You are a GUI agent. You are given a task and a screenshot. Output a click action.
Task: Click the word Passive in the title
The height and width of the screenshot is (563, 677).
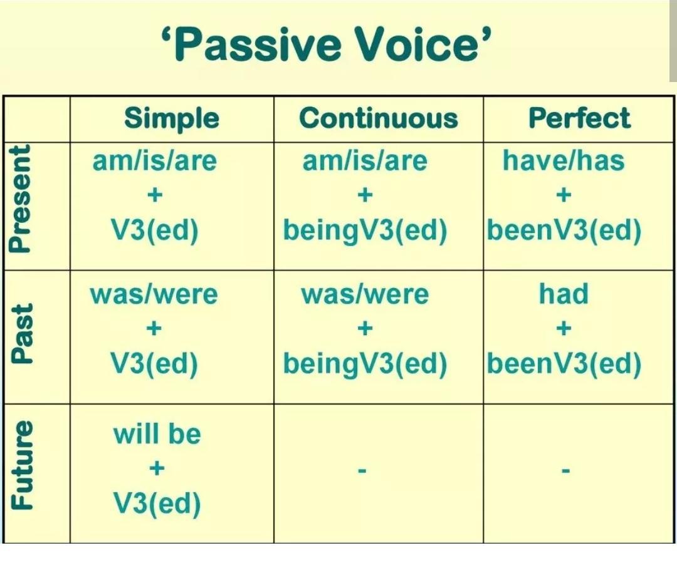tap(258, 44)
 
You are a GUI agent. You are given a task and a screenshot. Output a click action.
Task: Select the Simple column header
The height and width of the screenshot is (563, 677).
tap(171, 118)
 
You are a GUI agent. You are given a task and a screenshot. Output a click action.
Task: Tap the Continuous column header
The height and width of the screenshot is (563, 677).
tap(378, 118)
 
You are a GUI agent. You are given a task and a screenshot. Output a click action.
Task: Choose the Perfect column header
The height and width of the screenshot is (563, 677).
tap(579, 118)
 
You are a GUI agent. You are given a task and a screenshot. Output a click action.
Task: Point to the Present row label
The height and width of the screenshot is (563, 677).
tap(21, 198)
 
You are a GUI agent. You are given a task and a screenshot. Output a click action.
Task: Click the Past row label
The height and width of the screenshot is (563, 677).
tap(22, 334)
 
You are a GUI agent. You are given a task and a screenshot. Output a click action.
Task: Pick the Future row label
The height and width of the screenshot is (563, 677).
tap(21, 464)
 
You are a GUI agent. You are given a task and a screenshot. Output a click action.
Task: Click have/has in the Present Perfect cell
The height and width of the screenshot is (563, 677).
tap(564, 160)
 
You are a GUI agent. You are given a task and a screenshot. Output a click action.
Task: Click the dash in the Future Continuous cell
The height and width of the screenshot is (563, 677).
tap(362, 470)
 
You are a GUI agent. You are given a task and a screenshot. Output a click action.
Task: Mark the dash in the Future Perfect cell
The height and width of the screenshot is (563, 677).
tap(565, 470)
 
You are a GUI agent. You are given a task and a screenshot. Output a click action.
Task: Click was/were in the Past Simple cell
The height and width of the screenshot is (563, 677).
tap(154, 294)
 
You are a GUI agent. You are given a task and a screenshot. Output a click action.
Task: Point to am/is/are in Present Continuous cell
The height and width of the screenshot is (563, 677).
tap(365, 161)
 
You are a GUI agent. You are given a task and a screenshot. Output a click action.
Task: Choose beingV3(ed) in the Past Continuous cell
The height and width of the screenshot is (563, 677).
tap(365, 363)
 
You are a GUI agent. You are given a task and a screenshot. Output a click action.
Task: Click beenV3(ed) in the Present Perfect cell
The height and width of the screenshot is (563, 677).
tap(564, 230)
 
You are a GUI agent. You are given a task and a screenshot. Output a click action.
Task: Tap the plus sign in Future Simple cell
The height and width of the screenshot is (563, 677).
tap(157, 468)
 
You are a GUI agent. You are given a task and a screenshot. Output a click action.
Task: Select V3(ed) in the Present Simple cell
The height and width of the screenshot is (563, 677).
tap(155, 230)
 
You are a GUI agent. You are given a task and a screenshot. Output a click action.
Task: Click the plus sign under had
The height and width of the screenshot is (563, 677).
tap(564, 329)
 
